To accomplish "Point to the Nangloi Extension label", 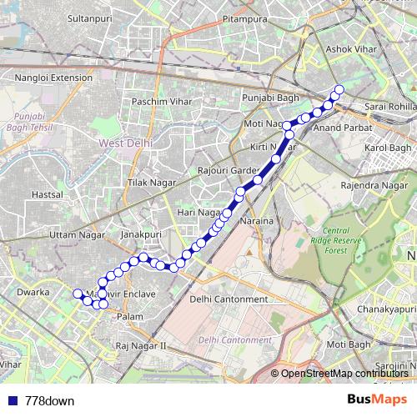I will pyautogui.click(x=53, y=78).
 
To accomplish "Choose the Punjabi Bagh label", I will pyautogui.click(x=264, y=98).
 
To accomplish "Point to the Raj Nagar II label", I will pyautogui.click(x=142, y=344).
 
